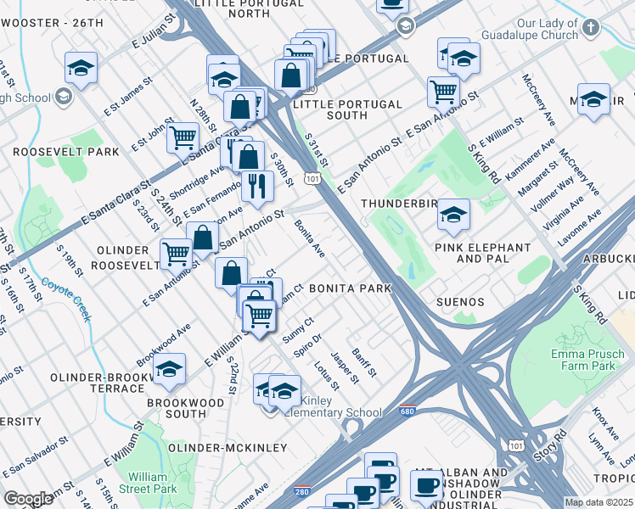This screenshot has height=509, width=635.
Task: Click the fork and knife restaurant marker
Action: coord(256,186)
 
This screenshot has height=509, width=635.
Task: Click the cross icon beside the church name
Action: coord(591,25)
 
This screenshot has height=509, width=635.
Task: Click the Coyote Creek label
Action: coord(67,298)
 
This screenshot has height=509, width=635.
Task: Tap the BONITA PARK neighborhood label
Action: coord(350,288)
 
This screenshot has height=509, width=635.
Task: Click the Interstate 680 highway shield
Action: coord(408,410)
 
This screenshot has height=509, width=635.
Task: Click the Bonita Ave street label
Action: coord(310,239)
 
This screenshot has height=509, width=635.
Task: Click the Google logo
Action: coord(28,499)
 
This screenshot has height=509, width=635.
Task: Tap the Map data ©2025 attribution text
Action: coord(599,502)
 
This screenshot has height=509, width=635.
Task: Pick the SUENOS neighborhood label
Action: coord(460,302)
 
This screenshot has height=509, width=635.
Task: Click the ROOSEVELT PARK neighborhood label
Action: coord(66,152)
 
